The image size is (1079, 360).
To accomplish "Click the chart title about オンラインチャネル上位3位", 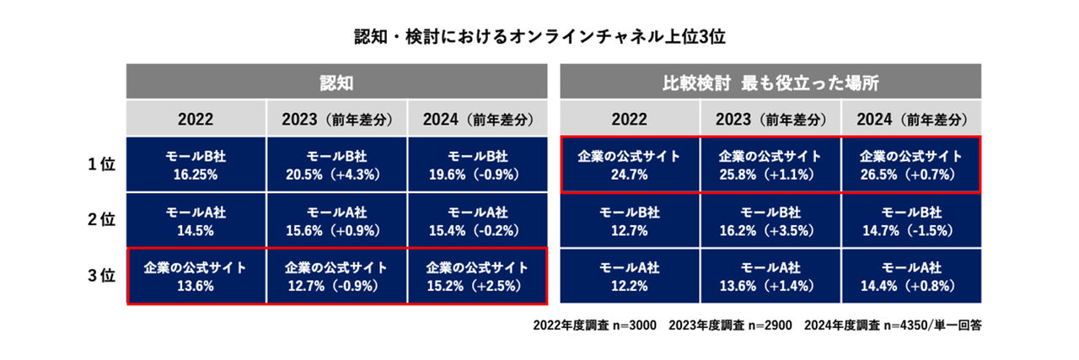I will [539, 38].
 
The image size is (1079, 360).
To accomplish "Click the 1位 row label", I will [101, 164].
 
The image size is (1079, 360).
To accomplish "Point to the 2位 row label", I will [101, 220].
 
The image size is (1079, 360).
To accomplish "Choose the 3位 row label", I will [101, 276].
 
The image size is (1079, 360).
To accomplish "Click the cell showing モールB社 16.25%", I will [196, 164].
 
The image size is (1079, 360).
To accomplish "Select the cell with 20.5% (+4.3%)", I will [336, 164].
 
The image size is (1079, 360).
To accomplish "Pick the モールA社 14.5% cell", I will [196, 220].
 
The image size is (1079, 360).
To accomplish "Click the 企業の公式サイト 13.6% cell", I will [196, 276].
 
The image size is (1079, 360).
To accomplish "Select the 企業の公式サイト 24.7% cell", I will [629, 164].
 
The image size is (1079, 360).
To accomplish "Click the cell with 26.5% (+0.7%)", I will [910, 164].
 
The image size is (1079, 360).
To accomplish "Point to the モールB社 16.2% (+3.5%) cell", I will [770, 220].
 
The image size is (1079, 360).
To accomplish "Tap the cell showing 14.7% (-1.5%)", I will [910, 220].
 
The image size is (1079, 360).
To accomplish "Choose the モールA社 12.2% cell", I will [629, 276].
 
